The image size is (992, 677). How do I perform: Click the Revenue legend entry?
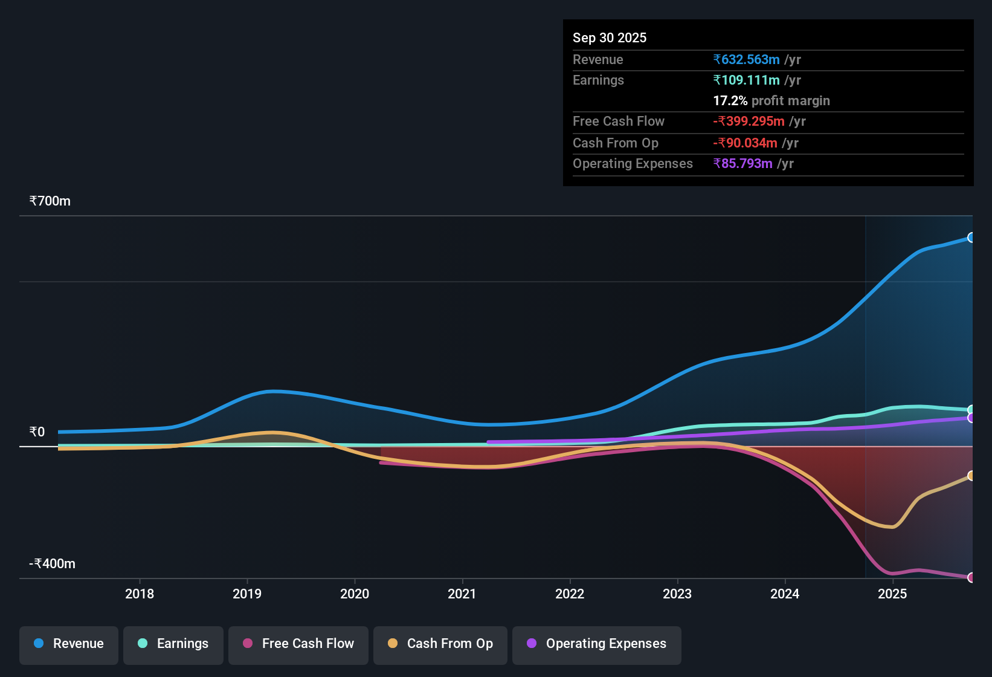(69, 644)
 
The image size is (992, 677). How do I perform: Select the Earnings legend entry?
(173, 644)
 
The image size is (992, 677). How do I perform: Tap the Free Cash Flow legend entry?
(298, 644)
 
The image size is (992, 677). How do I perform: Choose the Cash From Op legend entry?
(440, 644)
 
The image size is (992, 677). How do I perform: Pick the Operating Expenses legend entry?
(597, 644)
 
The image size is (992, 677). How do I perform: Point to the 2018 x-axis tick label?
(140, 594)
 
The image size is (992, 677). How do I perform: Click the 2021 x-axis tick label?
(462, 594)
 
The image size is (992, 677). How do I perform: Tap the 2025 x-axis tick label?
(892, 594)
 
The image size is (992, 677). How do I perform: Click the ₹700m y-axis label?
(50, 201)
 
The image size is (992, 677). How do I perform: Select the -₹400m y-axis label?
(53, 563)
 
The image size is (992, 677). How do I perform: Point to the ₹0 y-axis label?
(37, 432)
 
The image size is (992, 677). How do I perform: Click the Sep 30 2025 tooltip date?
(610, 37)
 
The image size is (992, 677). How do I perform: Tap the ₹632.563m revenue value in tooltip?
(746, 59)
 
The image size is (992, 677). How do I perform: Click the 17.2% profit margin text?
(771, 100)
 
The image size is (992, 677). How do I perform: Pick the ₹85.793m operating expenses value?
(742, 163)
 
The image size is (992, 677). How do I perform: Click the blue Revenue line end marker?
(971, 238)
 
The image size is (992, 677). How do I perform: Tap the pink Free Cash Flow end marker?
(971, 577)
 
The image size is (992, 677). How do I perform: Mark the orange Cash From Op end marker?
(971, 476)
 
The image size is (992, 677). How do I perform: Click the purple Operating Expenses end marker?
(971, 418)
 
